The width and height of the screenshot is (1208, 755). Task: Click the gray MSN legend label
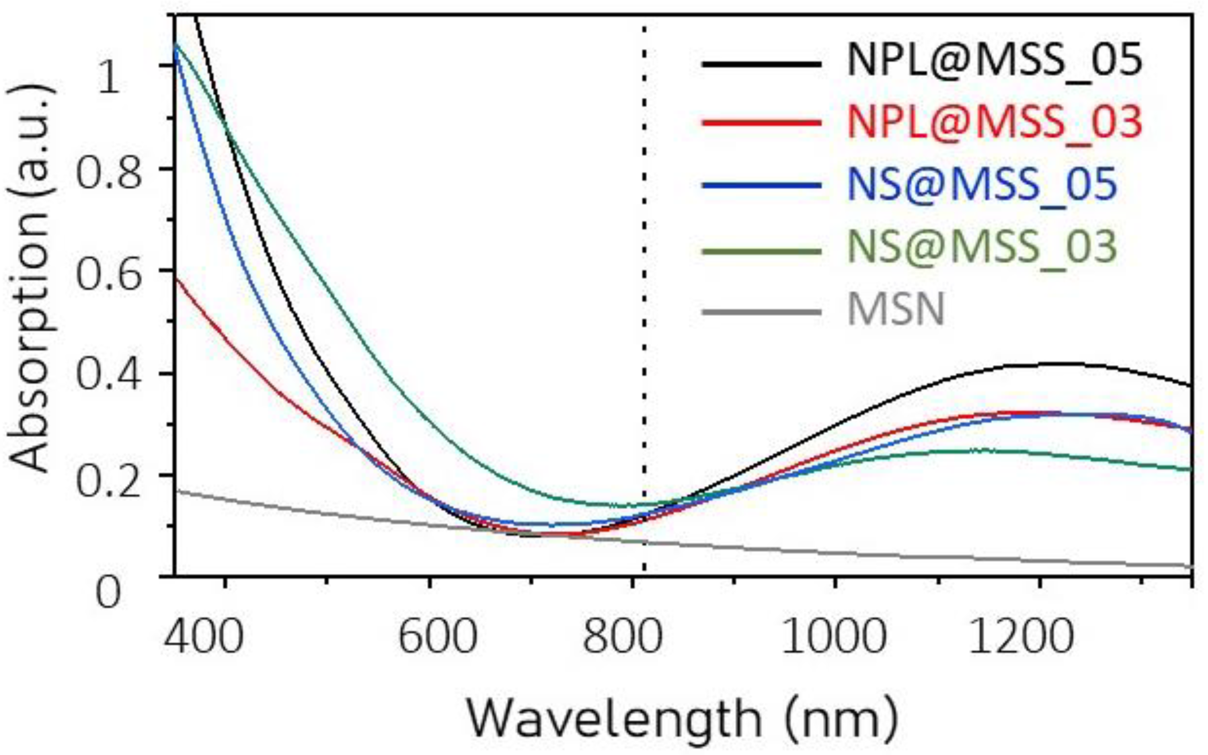(896, 311)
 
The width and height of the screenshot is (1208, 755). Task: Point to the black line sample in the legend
(761, 64)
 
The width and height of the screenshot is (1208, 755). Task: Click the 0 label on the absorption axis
(108, 593)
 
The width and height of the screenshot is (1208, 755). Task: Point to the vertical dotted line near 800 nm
(644, 300)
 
